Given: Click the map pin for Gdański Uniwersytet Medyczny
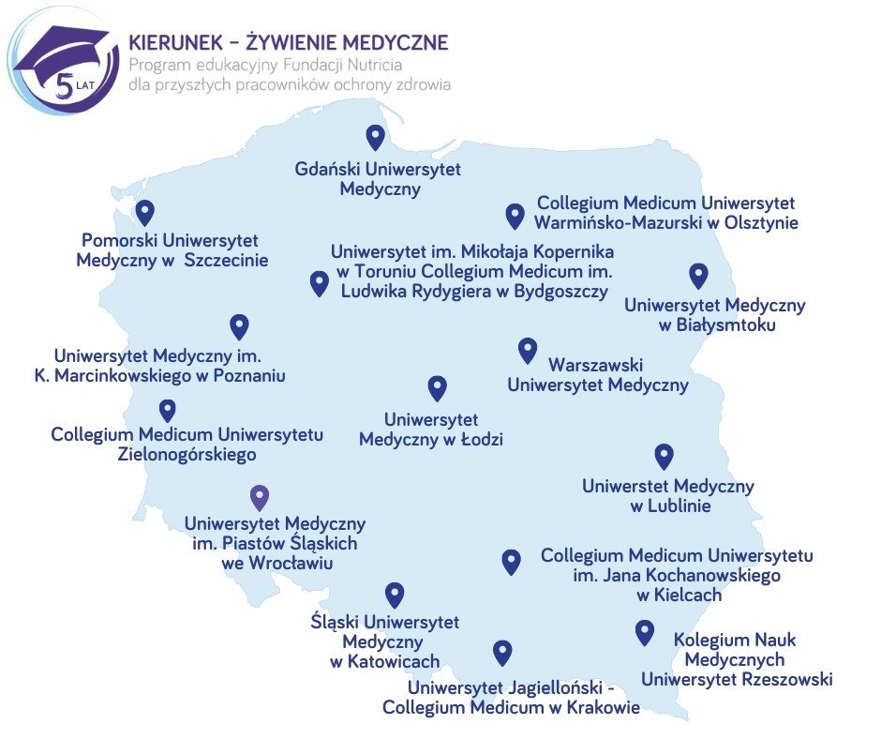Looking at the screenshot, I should click(x=376, y=137).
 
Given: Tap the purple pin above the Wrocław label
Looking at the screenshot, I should click(x=261, y=497).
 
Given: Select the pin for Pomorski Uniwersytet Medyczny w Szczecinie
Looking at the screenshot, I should click(x=144, y=212).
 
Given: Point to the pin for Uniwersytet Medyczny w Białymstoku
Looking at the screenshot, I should click(x=698, y=275).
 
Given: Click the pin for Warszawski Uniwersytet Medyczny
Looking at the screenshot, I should click(x=528, y=350).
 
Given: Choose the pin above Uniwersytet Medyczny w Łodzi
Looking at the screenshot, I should click(x=437, y=387).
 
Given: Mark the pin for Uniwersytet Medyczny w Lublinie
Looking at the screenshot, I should click(x=664, y=456).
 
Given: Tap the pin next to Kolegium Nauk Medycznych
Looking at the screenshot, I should click(x=644, y=632).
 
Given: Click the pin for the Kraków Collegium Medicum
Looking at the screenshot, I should click(x=502, y=652).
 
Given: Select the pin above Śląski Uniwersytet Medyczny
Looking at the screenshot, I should click(x=395, y=595).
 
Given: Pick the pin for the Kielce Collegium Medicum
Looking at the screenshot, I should click(x=511, y=561).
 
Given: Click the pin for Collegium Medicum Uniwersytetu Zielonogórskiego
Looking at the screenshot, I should click(x=168, y=410).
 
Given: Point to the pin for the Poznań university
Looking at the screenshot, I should click(x=239, y=325).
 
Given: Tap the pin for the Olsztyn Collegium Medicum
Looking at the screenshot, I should click(x=515, y=216).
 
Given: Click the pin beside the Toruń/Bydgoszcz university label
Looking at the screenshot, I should click(x=320, y=282).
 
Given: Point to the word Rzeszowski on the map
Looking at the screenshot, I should click(x=785, y=679).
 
